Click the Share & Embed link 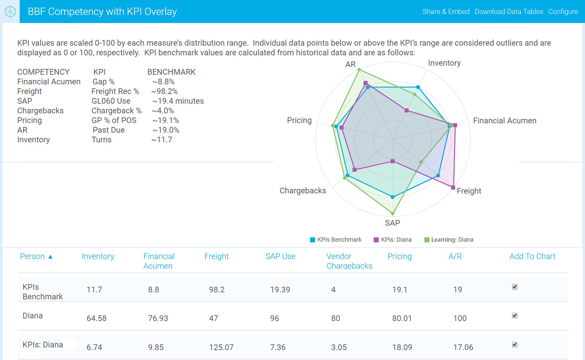point(446,12)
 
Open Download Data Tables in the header point(509,12)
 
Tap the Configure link point(563,12)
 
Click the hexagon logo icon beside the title point(10,12)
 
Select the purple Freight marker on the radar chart point(453,187)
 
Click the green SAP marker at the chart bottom point(393,213)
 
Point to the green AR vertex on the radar point(359,69)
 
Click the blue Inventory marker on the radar point(418,87)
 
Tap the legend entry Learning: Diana point(449,240)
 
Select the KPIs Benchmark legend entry point(336,240)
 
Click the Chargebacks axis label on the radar point(303,190)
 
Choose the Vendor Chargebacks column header point(349,261)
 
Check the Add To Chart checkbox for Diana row point(514,315)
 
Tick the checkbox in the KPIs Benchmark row point(514,287)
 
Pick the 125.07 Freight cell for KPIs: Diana point(221,347)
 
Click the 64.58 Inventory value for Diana point(97,318)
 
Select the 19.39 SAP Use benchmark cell point(280,290)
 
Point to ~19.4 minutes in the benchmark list point(178,101)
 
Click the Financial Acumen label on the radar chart point(504,121)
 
